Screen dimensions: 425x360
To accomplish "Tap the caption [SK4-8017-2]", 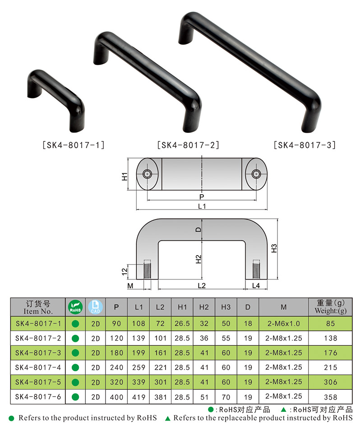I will click(x=188, y=145).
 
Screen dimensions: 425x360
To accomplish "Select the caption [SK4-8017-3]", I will click(x=305, y=145).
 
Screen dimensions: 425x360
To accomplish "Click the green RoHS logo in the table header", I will click(x=75, y=307).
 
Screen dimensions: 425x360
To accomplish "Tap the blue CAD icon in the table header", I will click(x=94, y=307).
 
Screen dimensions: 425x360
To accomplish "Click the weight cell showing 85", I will click(x=331, y=323).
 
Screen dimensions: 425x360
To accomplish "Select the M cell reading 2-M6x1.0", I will click(x=283, y=323).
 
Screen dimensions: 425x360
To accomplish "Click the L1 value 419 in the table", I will click(x=138, y=397).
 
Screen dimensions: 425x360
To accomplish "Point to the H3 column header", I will click(x=226, y=307).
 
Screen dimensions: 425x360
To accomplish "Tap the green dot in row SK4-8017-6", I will click(x=75, y=397).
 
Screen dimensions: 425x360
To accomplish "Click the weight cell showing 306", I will click(x=331, y=382).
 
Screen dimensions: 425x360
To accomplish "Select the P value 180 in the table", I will click(x=116, y=353).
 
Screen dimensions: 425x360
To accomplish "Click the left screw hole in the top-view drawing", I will click(x=147, y=174).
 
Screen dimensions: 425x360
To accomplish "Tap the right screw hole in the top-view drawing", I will click(x=257, y=174).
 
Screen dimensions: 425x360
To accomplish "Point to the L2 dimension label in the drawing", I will click(x=202, y=285).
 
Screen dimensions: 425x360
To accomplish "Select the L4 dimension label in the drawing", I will click(x=256, y=285).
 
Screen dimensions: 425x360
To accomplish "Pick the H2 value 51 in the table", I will click(x=204, y=397).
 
